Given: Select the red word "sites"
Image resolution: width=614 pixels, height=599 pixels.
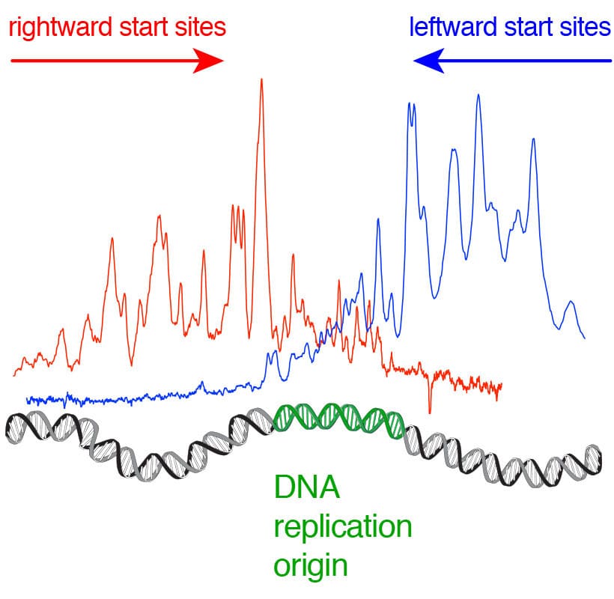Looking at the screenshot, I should pyautogui.click(x=200, y=28).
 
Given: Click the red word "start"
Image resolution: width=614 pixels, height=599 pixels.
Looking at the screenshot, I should pyautogui.click(x=144, y=28).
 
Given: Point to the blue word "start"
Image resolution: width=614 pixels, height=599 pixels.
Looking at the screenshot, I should pyautogui.click(x=529, y=28).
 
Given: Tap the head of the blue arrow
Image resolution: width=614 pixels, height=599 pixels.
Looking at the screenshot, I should pyautogui.click(x=427, y=61).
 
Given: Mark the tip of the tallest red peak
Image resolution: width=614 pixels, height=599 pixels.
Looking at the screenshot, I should pyautogui.click(x=261, y=79).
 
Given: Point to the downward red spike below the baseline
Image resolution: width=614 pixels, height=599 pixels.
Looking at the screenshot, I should pyautogui.click(x=430, y=410).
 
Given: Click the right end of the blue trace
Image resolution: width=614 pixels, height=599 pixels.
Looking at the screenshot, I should pyautogui.click(x=584, y=338).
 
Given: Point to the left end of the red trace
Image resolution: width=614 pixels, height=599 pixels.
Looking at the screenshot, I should pyautogui.click(x=14, y=374).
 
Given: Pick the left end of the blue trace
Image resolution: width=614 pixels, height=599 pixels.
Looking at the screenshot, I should pyautogui.click(x=27, y=398).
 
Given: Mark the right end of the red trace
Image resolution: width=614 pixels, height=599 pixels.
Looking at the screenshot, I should pyautogui.click(x=501, y=385).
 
